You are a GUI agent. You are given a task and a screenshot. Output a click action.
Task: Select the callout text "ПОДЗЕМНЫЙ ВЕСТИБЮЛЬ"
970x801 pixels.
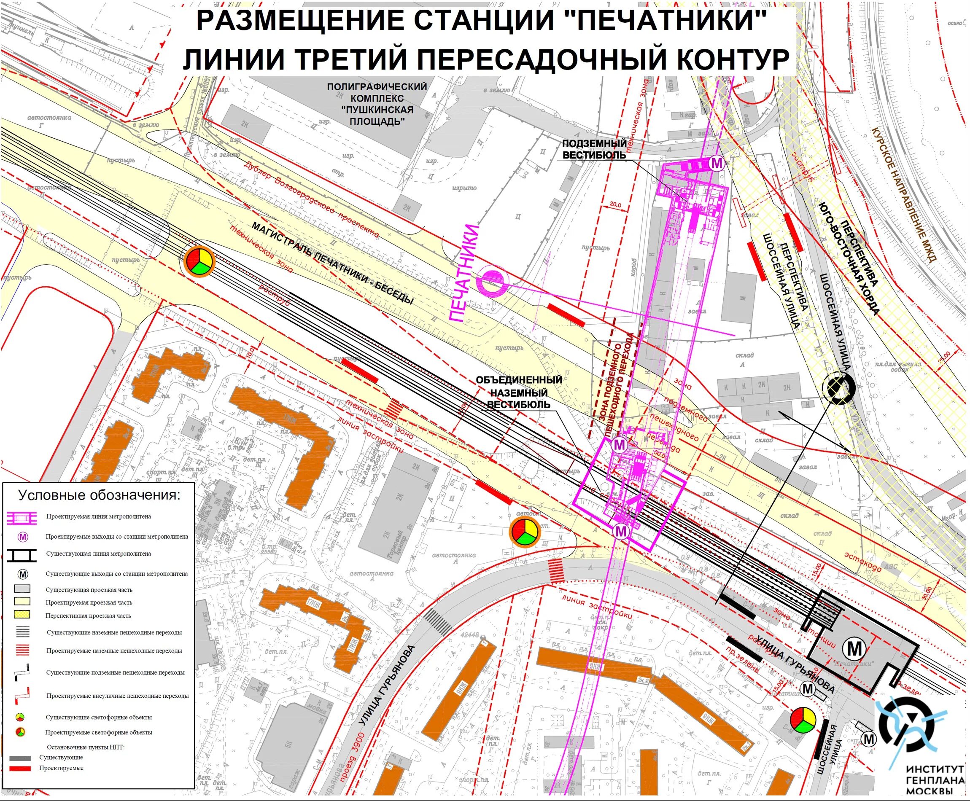point(594,149)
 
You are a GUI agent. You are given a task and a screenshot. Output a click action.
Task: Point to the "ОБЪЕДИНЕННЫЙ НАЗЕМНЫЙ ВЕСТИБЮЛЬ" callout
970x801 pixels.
point(519,392)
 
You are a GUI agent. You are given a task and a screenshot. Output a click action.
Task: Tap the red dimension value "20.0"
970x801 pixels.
point(616,204)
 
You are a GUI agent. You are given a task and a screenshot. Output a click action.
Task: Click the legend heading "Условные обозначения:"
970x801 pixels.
point(100,495)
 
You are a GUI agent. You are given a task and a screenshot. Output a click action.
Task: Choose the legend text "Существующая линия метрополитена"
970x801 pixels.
point(98,554)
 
